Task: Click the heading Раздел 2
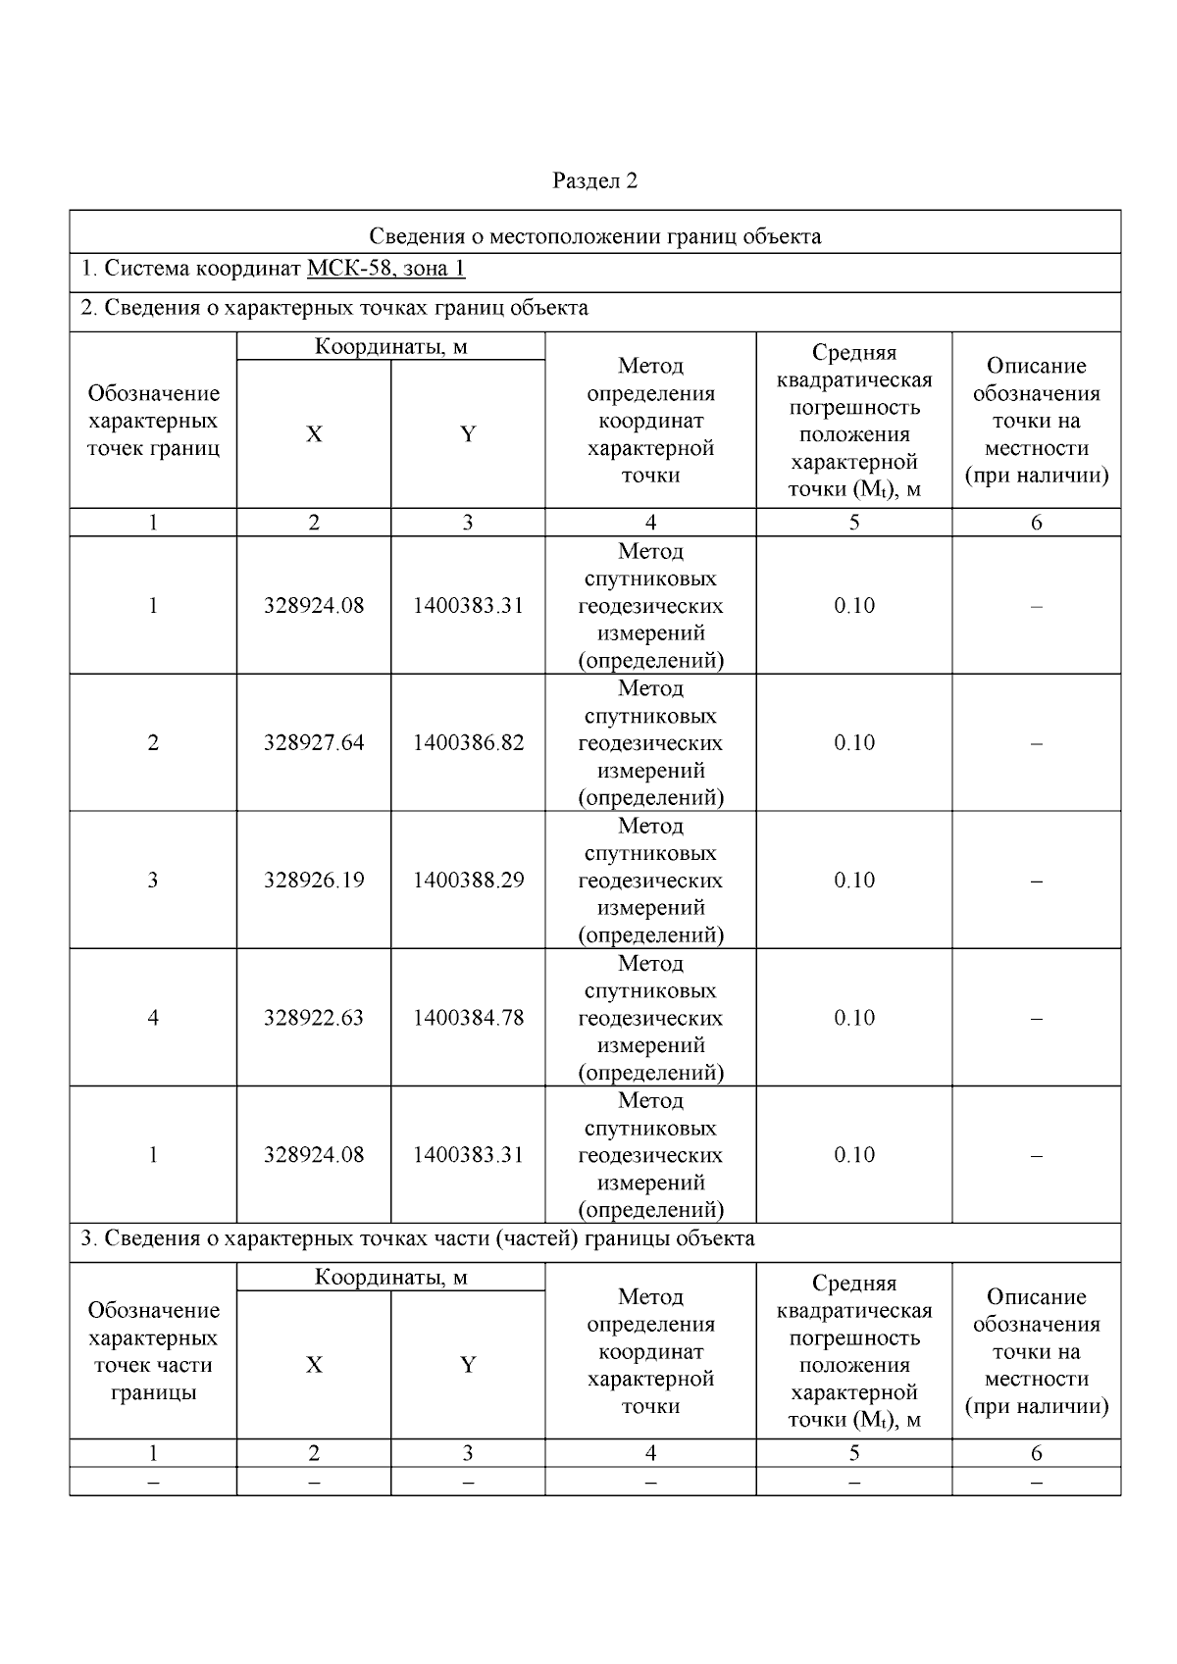[x=594, y=180]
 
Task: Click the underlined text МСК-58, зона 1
[x=385, y=269]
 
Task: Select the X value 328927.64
[x=313, y=743]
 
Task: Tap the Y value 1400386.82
[x=468, y=743]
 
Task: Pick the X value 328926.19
[x=313, y=881]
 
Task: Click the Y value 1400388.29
[x=468, y=881]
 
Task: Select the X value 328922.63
[x=313, y=1018]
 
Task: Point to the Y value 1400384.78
[x=468, y=1018]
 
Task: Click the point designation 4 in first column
[x=153, y=1018]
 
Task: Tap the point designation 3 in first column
[x=153, y=881]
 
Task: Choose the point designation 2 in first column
[x=153, y=743]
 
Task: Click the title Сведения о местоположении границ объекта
[x=594, y=236]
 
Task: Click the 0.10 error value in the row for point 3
[x=853, y=881]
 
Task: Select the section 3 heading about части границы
[x=417, y=1238]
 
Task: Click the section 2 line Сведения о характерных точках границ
[x=333, y=308]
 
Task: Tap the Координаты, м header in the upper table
[x=390, y=346]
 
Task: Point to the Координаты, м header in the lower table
[x=390, y=1277]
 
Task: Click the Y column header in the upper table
[x=468, y=434]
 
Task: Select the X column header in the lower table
[x=313, y=1365]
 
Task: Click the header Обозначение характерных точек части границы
[x=153, y=1351]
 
